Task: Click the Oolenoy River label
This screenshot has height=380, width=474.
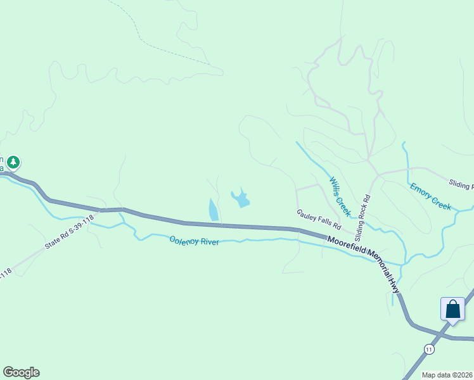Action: point(194,241)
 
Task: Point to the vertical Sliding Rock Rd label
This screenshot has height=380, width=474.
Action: point(362,217)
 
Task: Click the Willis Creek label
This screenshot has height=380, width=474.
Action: point(339,196)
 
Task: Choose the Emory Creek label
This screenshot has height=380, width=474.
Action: point(430,196)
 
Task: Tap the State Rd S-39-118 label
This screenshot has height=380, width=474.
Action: point(69,232)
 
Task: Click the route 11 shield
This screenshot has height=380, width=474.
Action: point(430,349)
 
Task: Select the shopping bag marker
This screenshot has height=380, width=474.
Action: point(452,310)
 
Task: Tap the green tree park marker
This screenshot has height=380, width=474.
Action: point(13,163)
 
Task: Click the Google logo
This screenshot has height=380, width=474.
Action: point(21,372)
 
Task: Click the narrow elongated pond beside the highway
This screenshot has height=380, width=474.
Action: point(213,209)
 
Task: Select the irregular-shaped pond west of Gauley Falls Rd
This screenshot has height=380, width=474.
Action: point(241,199)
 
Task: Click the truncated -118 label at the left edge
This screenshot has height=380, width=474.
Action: point(5,274)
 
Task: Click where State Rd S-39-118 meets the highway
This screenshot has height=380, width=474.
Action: point(101,210)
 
